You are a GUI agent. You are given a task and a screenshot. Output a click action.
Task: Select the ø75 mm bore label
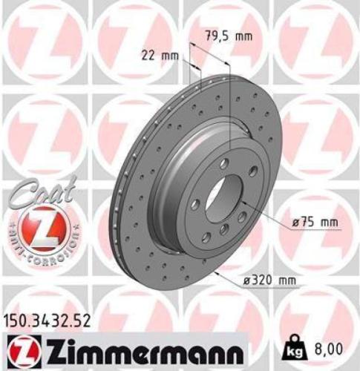point(314,222)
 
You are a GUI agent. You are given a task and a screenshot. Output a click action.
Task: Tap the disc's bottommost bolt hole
point(223,232)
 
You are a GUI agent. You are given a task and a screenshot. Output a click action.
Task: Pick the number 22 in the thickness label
point(148,53)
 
